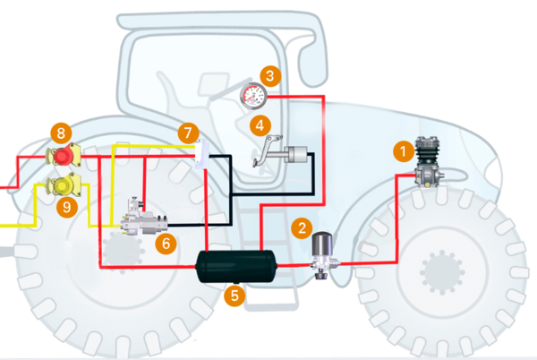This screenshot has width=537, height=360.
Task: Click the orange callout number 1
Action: (x=404, y=150)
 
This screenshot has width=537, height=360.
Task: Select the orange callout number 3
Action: (x=268, y=75)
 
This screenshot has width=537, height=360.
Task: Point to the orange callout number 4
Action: (x=260, y=124)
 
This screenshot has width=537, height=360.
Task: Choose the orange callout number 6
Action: (x=163, y=242)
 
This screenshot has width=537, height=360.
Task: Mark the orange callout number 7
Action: (x=186, y=132)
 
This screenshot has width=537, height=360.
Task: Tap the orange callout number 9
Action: (x=63, y=208)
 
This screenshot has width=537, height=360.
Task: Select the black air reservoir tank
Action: (x=234, y=265)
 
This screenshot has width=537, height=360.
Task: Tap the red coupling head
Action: (x=65, y=157)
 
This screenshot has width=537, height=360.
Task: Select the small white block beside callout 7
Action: (x=200, y=156)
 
